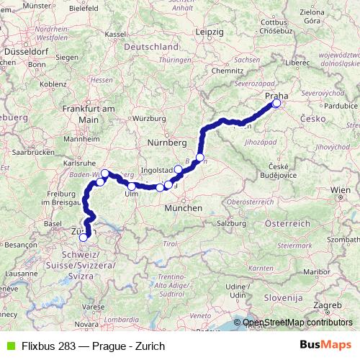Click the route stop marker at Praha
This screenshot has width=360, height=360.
[276, 104]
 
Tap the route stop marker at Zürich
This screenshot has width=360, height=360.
[84, 236]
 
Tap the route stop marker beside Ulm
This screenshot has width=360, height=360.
[132, 186]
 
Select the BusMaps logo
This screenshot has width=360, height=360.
[330, 345]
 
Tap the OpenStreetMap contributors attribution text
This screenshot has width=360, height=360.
[294, 323]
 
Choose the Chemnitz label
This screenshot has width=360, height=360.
[227, 71]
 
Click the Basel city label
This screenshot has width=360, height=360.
[53, 223]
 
